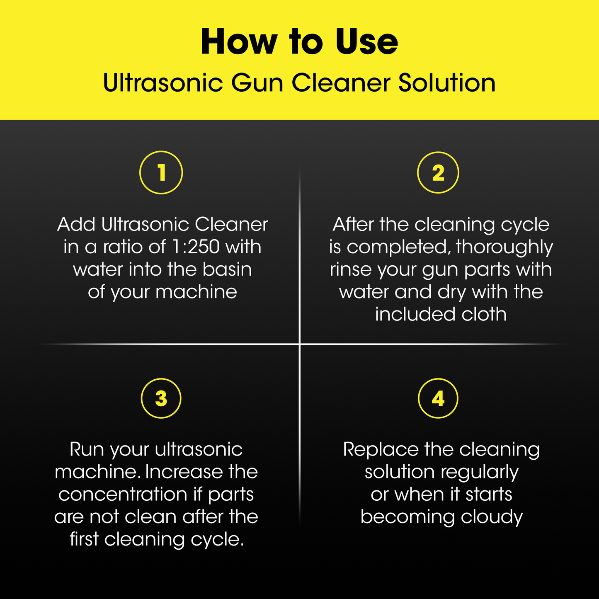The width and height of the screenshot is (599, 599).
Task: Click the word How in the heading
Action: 239,41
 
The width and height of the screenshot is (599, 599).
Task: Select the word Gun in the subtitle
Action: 257,83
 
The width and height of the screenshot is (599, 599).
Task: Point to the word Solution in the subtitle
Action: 447,83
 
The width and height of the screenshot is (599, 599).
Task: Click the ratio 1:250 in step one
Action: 196,247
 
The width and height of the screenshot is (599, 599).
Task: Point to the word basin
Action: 227,269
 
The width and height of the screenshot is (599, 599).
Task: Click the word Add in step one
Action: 76,224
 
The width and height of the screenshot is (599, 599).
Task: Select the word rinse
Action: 350,269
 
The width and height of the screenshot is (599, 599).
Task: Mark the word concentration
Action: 123,494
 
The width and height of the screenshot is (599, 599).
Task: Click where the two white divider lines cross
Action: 299,344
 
